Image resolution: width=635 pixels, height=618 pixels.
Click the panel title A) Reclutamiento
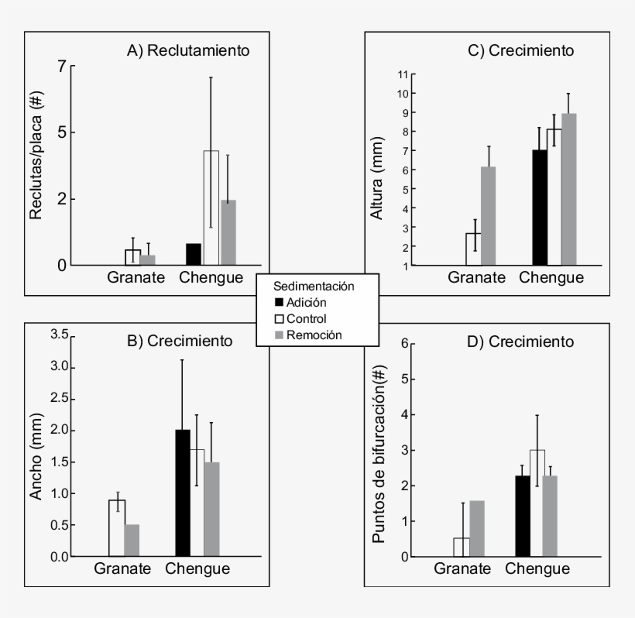pos(188,51)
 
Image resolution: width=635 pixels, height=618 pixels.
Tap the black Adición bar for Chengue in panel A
pos(193,254)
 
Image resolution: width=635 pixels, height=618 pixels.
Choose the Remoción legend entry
pos(309,335)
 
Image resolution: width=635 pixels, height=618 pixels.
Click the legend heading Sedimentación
pos(317,286)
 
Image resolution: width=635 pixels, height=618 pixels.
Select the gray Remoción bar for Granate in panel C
pos(489,216)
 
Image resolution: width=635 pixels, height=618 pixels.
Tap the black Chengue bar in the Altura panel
pos(540,208)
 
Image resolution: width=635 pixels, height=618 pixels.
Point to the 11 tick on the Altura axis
pos(402,74)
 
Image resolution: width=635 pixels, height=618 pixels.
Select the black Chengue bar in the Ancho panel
pos(183,493)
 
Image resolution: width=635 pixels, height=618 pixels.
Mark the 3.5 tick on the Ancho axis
pos(59,335)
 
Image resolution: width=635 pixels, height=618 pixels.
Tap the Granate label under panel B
pos(124,569)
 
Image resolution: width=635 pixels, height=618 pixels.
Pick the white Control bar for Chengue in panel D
pos(537,503)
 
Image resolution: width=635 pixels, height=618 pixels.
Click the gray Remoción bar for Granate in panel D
pos(476,528)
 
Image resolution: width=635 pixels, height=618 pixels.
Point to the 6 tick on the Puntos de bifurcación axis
pos(404,343)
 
